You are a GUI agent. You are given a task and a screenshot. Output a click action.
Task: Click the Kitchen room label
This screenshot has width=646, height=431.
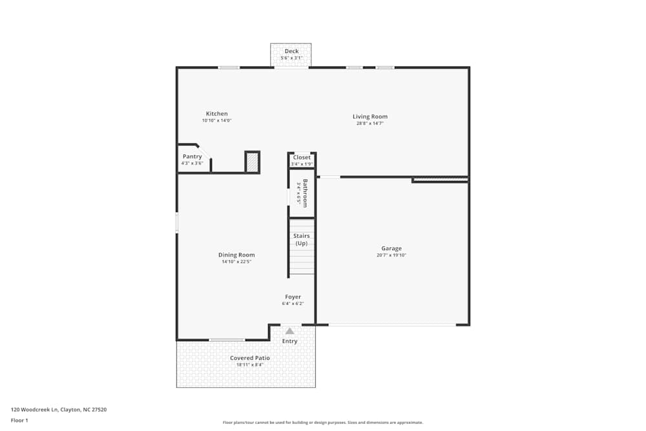(x=216, y=114)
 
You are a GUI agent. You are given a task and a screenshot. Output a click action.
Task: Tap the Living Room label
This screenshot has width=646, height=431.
(x=370, y=116)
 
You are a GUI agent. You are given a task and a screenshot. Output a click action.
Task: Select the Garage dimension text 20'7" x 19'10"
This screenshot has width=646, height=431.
(x=391, y=255)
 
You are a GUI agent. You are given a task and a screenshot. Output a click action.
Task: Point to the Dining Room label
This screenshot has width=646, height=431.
(x=236, y=255)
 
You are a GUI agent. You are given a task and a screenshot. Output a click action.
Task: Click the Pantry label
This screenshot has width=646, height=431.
(x=192, y=156)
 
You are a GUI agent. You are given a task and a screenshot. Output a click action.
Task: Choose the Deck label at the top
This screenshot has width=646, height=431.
(x=291, y=51)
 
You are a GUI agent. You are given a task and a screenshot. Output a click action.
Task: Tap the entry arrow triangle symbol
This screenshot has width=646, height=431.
(x=290, y=331)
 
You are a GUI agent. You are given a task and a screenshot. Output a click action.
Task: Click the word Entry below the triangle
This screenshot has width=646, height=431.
(x=290, y=341)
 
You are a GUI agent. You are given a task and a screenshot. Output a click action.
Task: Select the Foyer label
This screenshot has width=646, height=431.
(x=292, y=297)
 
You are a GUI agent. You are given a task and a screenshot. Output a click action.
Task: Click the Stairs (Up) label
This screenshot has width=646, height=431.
(x=302, y=240)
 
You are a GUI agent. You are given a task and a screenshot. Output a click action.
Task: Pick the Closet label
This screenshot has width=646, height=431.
(x=302, y=157)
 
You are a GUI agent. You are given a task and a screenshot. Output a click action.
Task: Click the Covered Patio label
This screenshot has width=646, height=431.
(x=250, y=358)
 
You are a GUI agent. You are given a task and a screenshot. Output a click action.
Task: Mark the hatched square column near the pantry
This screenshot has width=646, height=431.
(x=252, y=162)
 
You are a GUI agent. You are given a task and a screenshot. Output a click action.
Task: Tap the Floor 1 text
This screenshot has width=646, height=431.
(x=19, y=420)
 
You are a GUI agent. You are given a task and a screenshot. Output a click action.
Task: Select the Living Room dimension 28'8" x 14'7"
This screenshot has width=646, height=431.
(x=370, y=123)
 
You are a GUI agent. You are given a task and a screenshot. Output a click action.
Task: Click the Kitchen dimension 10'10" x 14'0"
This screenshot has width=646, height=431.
(x=216, y=120)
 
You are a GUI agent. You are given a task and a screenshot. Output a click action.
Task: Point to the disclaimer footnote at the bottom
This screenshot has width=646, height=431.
(x=323, y=422)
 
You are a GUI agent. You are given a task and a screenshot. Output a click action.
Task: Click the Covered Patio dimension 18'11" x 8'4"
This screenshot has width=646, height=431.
(x=250, y=364)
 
